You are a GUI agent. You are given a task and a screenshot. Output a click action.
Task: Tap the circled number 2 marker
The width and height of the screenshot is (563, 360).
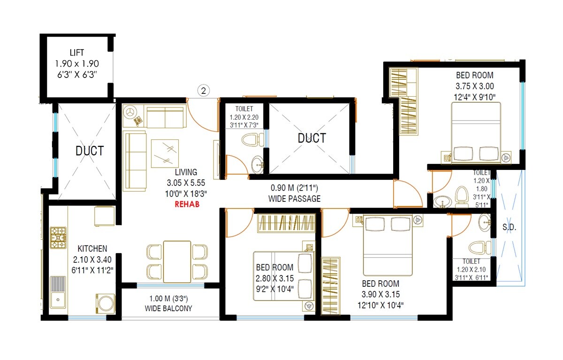[x=203, y=91]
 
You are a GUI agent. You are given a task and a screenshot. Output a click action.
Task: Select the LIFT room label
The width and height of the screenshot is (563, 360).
[x=77, y=53]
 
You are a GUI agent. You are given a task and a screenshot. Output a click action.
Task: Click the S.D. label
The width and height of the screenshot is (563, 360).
[x=509, y=228]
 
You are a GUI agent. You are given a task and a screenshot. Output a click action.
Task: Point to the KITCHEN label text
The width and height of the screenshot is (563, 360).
[x=92, y=248]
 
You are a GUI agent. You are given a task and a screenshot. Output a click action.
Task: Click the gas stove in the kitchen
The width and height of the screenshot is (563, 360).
[x=58, y=238]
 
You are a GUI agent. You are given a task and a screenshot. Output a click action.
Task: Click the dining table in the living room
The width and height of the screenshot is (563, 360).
[x=177, y=261]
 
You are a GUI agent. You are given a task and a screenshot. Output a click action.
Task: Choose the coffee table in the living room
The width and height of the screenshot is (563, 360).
[x=164, y=153]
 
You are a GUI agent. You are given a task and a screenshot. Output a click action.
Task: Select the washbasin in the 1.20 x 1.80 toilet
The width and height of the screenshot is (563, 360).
[x=441, y=202]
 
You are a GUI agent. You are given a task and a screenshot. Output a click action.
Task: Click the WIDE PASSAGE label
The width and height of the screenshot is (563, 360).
[x=295, y=199]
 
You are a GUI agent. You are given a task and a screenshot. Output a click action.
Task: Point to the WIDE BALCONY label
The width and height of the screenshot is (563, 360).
[x=168, y=308]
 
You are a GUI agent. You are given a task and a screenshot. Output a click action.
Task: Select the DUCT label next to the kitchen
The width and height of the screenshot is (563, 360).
[x=90, y=151]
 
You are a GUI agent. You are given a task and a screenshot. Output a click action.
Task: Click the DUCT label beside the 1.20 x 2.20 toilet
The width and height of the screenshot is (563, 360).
[x=312, y=138]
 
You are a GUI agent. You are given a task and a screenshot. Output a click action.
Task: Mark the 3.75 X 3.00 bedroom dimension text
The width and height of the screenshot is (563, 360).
[x=475, y=86]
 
